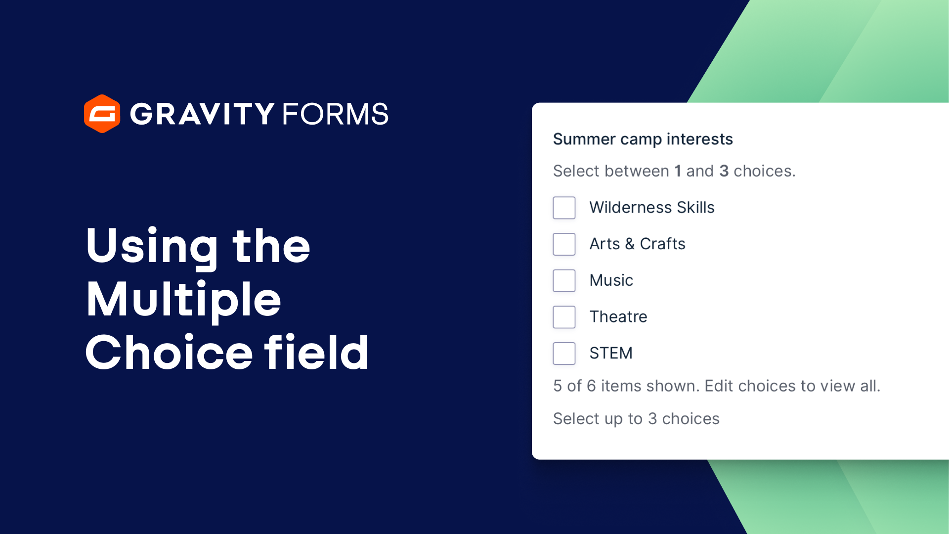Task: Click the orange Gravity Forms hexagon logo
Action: point(102,114)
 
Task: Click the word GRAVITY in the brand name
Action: point(202,114)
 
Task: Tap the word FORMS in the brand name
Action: point(335,114)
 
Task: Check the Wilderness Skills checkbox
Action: point(564,208)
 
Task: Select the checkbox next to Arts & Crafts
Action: point(564,244)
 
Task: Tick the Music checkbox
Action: point(564,280)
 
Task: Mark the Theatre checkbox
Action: point(564,317)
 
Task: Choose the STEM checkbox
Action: point(564,354)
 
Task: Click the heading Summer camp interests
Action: point(643,139)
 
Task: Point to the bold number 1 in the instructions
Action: point(678,171)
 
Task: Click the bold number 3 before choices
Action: point(724,171)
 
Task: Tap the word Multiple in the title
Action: point(183,300)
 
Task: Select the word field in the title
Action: point(316,353)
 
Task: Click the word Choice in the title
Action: point(169,353)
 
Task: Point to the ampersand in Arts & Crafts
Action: point(630,244)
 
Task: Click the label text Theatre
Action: point(618,316)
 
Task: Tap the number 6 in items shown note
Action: point(591,386)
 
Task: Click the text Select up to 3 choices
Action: point(636,419)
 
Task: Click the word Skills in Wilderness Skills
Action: point(695,208)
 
